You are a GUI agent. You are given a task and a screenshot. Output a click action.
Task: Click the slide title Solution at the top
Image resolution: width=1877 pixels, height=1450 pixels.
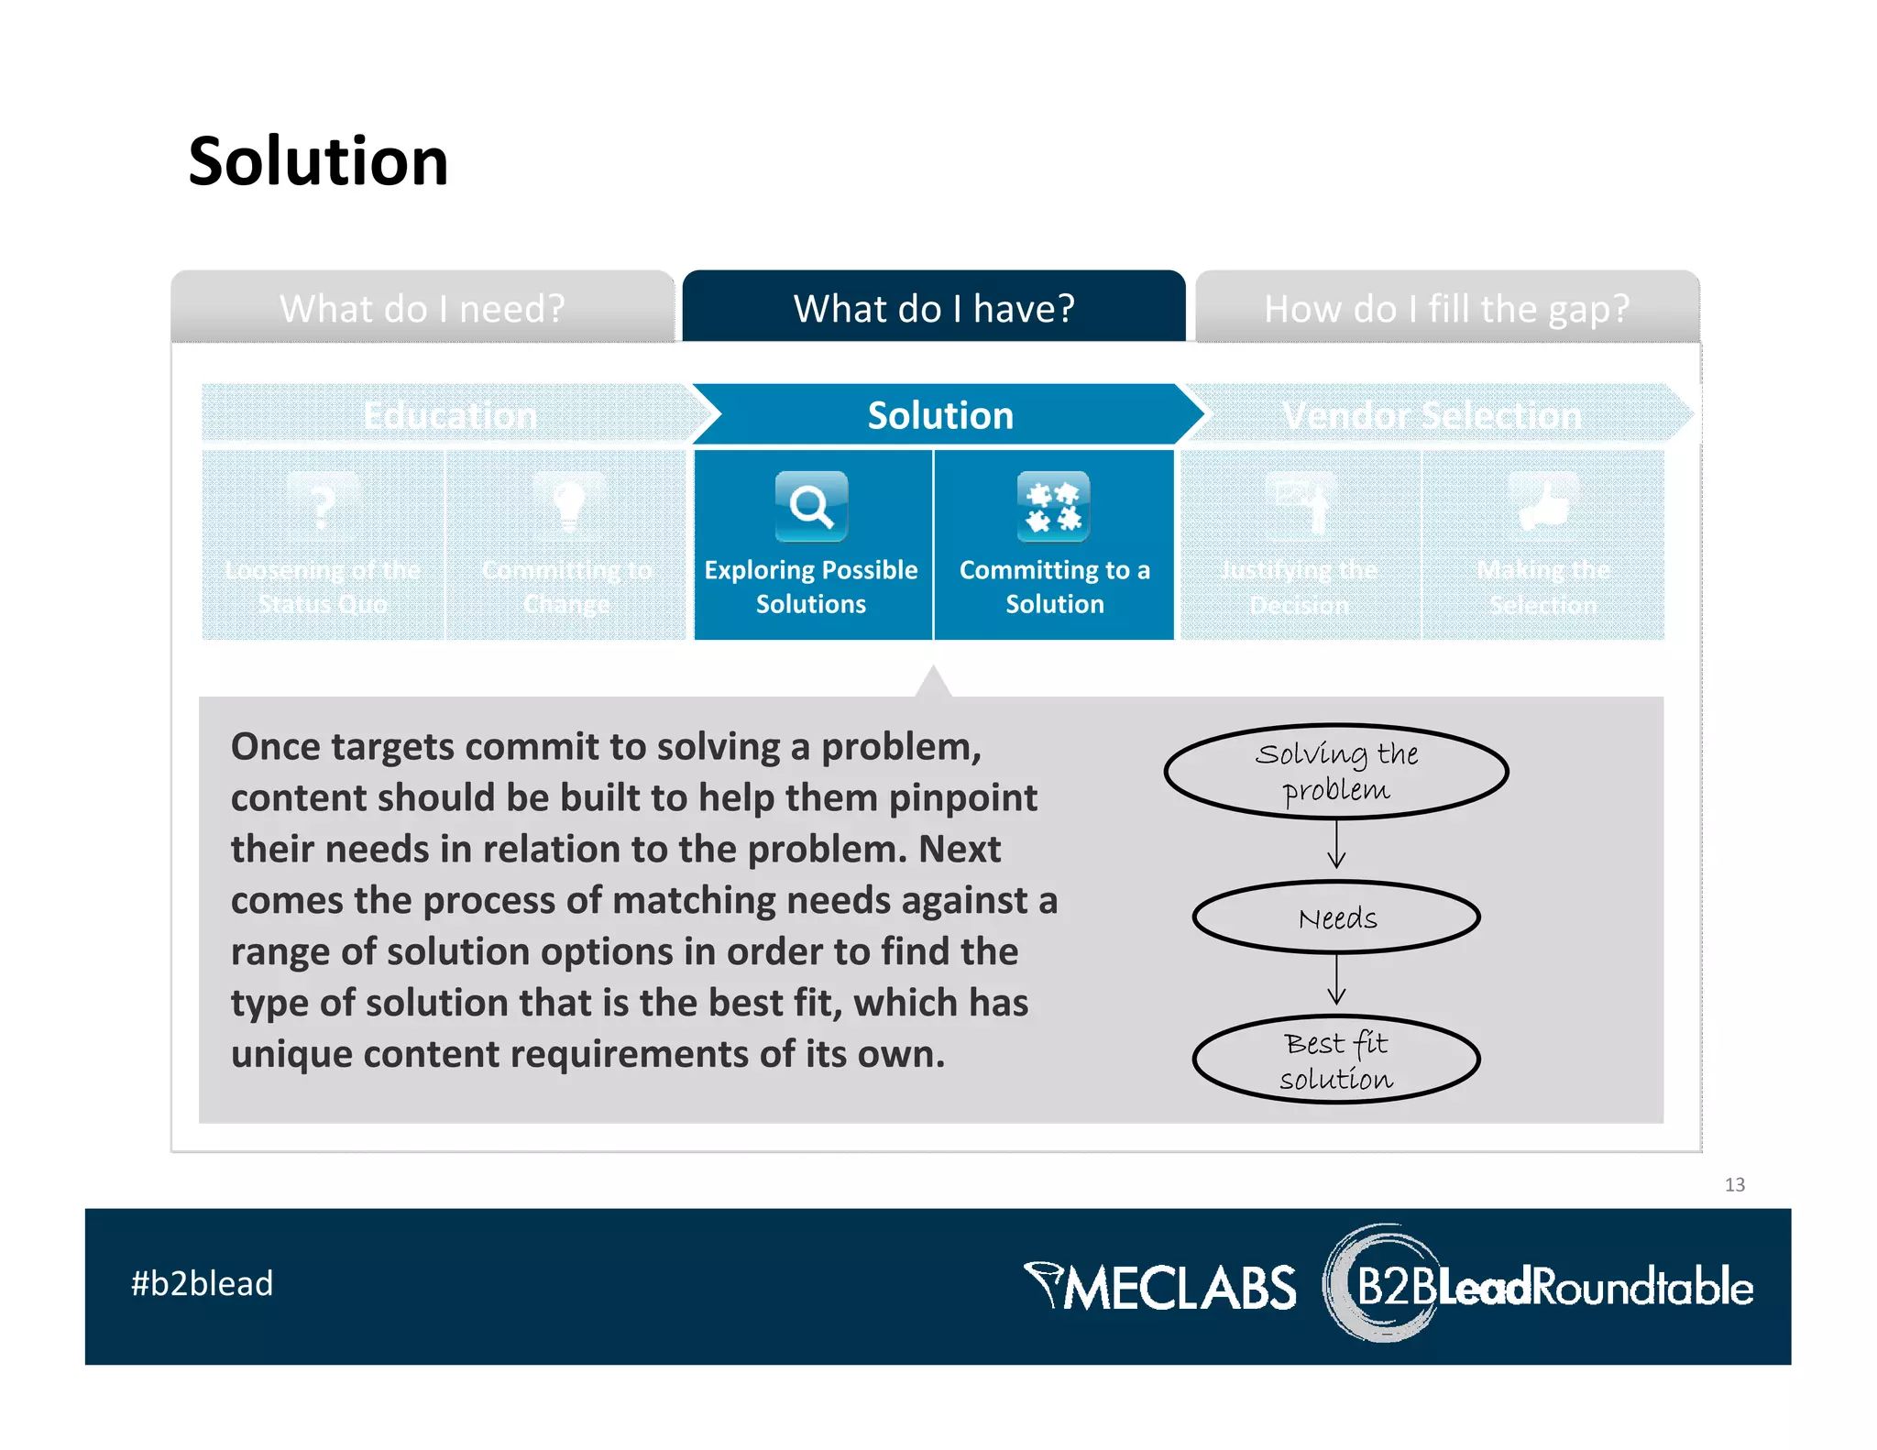318,161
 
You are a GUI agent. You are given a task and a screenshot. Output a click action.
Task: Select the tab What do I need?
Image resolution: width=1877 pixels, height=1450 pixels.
423,308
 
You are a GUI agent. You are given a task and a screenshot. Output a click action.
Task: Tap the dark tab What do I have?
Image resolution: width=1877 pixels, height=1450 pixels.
933,308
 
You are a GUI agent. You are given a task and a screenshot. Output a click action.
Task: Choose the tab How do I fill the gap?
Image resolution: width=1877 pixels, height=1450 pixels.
1446,308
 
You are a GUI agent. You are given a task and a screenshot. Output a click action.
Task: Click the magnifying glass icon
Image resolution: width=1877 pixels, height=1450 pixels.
811,506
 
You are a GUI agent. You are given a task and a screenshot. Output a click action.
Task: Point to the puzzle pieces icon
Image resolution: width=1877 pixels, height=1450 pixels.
1053,506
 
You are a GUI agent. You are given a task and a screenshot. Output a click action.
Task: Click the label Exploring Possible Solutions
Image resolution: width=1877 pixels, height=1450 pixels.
811,587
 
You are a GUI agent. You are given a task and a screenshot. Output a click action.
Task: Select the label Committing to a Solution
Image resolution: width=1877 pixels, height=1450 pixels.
1054,587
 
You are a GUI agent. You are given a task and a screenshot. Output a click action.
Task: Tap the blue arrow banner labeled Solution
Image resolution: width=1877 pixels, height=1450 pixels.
940,415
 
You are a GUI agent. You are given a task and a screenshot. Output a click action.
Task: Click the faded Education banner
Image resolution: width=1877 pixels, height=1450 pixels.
449,415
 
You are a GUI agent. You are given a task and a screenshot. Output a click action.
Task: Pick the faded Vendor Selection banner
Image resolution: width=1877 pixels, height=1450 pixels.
1432,415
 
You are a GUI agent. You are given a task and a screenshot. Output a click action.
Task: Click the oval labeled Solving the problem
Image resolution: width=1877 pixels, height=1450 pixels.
1335,771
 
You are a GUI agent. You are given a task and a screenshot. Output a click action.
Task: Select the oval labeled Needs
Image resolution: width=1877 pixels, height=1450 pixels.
1335,917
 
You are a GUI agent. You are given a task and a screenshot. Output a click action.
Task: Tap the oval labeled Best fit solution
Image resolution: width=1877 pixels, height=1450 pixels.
1335,1060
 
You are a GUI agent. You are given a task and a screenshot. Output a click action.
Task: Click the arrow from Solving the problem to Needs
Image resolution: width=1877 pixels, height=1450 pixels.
1336,845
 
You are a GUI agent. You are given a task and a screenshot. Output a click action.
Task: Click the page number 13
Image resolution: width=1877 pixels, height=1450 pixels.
1734,1184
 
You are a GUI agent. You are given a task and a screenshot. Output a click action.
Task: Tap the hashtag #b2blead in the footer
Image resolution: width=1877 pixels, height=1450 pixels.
202,1283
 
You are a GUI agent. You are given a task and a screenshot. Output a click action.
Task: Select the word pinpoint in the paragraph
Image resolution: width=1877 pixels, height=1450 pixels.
962,797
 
